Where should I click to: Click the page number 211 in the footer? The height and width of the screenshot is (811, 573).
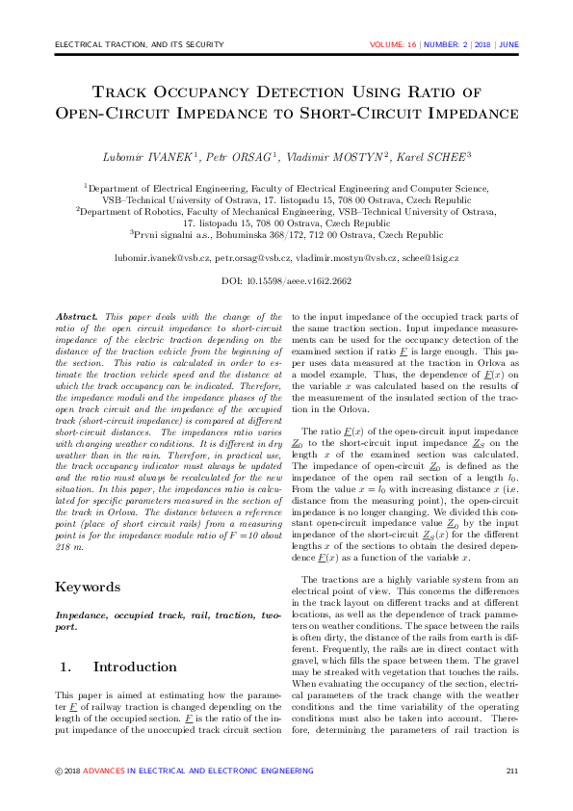point(512,771)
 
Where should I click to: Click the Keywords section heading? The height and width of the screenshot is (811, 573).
point(89,587)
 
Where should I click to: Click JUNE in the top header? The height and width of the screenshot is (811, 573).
point(509,44)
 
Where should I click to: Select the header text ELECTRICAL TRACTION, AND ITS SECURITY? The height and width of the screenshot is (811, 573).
point(140,44)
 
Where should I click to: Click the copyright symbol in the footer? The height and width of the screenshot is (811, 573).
point(59,771)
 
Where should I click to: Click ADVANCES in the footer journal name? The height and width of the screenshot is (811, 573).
point(103,771)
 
